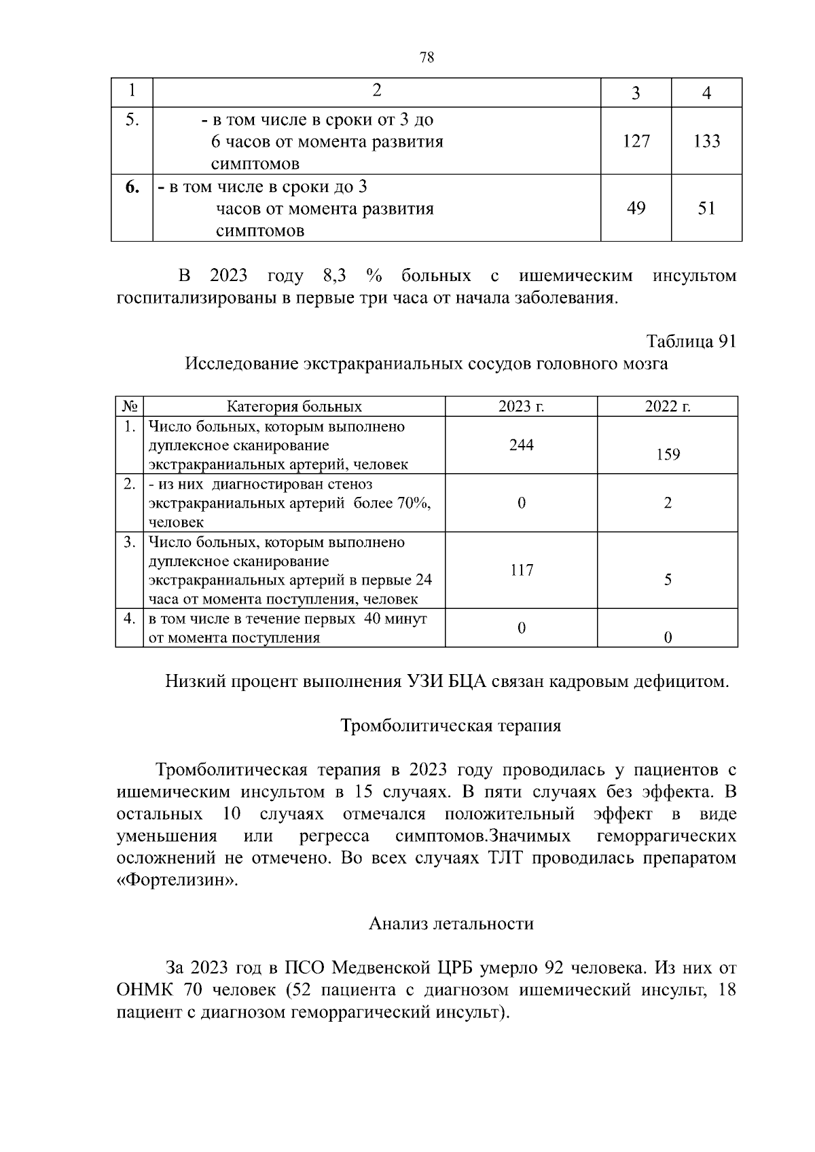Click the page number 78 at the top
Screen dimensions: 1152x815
pos(427,58)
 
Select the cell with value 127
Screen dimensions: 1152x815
pos(636,141)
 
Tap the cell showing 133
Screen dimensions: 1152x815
pos(706,141)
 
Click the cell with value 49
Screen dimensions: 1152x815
pos(636,208)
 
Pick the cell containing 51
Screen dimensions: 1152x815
pos(706,208)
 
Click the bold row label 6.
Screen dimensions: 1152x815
pos(132,187)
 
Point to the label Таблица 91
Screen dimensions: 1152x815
pos(691,341)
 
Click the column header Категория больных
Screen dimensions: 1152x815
pos(294,407)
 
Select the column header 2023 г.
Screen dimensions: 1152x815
pos(521,407)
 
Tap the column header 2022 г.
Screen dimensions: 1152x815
pos(668,407)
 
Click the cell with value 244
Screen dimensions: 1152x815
pos(521,445)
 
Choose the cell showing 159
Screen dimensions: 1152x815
pos(668,455)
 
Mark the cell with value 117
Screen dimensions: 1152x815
pos(521,570)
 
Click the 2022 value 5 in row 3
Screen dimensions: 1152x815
pos(668,580)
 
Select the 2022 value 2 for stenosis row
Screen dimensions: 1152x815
pos(668,503)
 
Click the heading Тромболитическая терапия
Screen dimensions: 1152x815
pos(450,726)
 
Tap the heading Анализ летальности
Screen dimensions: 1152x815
pos(451,923)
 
